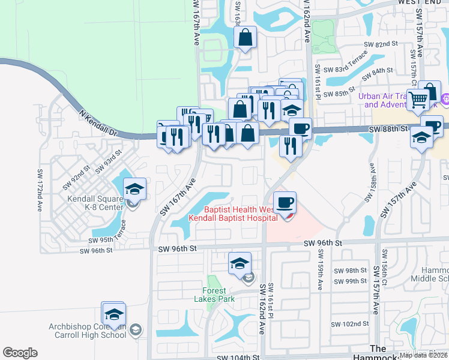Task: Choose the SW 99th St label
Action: pyautogui.click(x=351, y=281)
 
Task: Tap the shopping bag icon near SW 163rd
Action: pyautogui.click(x=245, y=38)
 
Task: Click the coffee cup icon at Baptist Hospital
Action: pyautogui.click(x=285, y=202)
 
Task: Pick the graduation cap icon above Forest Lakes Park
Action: pyautogui.click(x=240, y=262)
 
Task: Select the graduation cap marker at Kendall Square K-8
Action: pyautogui.click(x=134, y=189)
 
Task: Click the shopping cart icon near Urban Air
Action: pyautogui.click(x=417, y=99)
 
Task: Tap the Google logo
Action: pyautogui.click(x=20, y=353)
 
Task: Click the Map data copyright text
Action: pyautogui.click(x=423, y=355)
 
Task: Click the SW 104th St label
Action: pyautogui.click(x=238, y=356)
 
